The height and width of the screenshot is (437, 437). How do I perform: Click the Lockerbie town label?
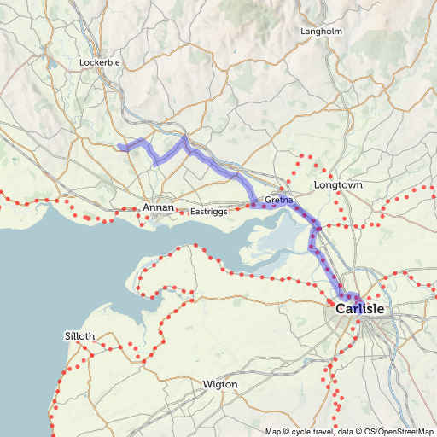tap(101, 63)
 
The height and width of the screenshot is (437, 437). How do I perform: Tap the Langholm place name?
tap(322, 32)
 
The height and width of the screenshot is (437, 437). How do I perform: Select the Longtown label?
tap(339, 185)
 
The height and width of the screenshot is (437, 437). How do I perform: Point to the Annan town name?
tap(159, 208)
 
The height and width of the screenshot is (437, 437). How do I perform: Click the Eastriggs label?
tap(209, 211)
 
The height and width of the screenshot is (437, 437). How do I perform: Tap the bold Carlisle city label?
tap(360, 308)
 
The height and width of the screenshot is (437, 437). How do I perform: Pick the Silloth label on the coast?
tap(79, 336)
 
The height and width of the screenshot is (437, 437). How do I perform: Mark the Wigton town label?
tap(220, 385)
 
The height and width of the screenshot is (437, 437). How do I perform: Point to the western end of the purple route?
tap(119, 148)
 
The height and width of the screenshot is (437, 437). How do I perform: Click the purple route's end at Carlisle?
tap(358, 300)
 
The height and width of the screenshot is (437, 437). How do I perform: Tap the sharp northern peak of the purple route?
tap(184, 137)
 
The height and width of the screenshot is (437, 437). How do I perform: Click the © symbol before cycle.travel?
tap(288, 431)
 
